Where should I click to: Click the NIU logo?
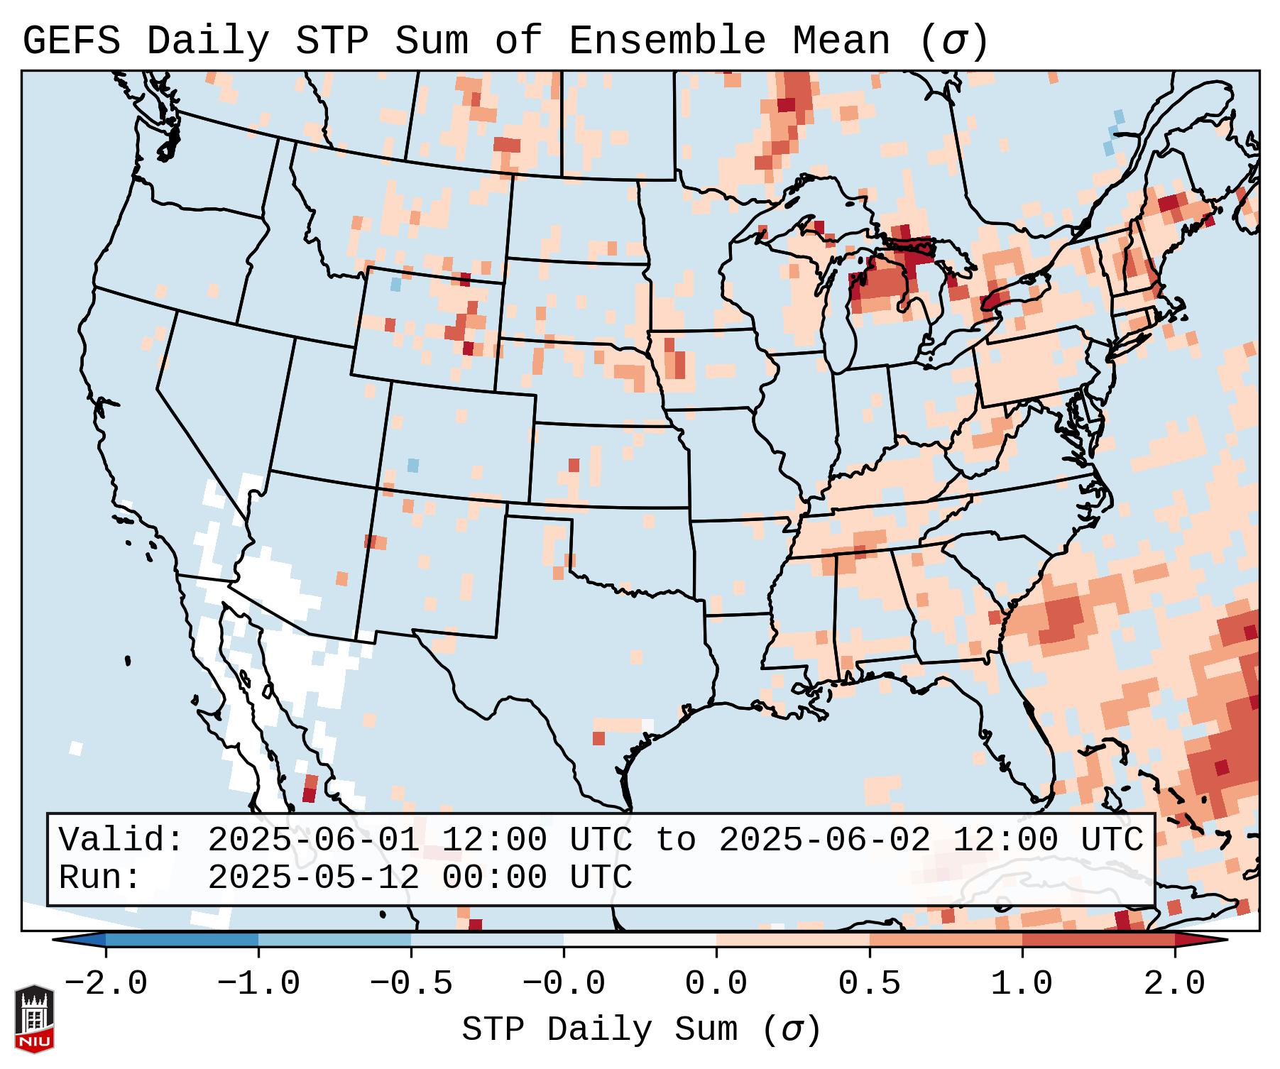coord(34,1018)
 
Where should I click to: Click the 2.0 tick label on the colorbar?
coord(1174,984)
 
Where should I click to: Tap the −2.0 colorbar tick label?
coord(106,984)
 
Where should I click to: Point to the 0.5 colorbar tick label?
coord(869,984)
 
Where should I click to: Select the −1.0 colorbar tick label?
coord(258,984)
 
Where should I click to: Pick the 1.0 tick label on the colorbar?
coord(1022,984)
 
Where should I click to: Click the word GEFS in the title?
coord(71,41)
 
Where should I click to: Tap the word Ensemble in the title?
coord(667,41)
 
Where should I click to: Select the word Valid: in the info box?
coord(121,840)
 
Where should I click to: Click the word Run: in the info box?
coord(100,877)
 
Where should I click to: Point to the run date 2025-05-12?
coord(314,877)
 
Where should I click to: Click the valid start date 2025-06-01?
coord(314,840)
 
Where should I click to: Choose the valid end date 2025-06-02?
coord(824,840)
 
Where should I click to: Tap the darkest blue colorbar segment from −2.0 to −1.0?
coord(182,940)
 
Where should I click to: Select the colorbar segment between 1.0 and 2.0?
coord(1098,940)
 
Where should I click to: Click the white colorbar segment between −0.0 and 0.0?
coord(640,940)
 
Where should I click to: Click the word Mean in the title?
coord(841,41)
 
